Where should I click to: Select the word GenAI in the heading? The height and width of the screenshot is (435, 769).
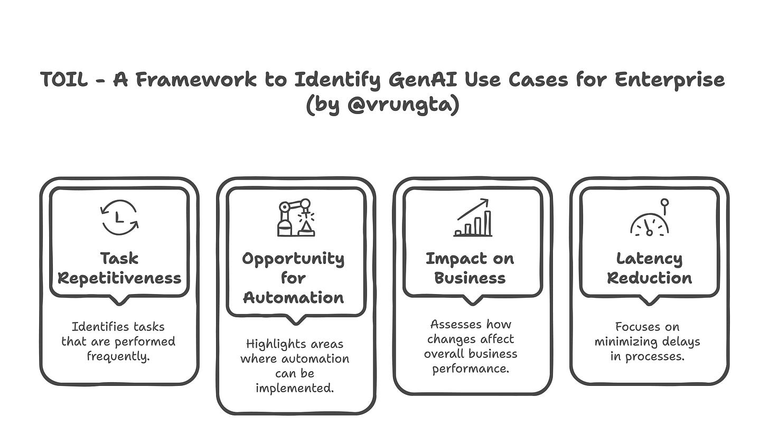click(426, 80)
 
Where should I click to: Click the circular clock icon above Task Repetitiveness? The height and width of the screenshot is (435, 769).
click(119, 217)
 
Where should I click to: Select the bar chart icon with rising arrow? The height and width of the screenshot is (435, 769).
click(473, 218)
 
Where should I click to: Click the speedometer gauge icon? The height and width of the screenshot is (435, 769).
click(650, 221)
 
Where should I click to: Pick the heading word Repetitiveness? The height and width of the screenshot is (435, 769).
click(119, 278)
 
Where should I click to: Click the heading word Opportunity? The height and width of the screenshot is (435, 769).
click(293, 259)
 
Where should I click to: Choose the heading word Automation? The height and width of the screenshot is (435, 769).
click(293, 297)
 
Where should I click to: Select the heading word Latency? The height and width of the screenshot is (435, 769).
click(649, 259)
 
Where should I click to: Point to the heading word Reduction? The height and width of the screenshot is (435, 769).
click(649, 278)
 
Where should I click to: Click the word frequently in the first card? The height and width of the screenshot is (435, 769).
click(118, 356)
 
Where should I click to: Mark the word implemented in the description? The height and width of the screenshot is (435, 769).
click(294, 388)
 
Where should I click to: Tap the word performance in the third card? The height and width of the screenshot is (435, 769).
click(470, 368)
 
